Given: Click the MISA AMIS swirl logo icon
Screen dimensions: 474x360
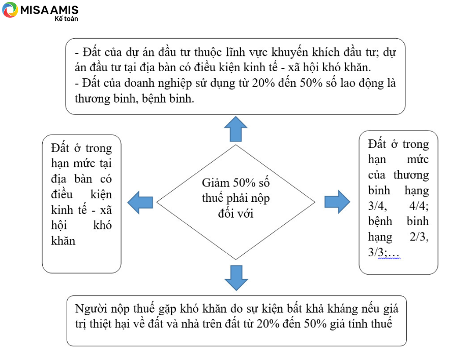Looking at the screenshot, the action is click(10, 10).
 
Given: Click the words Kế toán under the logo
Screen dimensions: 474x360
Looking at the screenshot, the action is click(66, 19).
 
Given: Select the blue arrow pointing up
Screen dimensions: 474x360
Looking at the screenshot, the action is click(236, 129).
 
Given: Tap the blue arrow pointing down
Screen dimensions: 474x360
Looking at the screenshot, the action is click(236, 278).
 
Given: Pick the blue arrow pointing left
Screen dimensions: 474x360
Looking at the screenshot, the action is click(140, 202).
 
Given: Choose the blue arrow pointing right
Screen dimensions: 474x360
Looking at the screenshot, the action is click(337, 202).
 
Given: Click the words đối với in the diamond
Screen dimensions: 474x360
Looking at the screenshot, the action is click(236, 214).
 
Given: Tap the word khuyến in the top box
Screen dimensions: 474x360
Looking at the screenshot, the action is click(290, 52).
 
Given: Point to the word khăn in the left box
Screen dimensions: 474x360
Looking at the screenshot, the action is click(63, 241).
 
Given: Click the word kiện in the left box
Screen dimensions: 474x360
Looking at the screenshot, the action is click(101, 194).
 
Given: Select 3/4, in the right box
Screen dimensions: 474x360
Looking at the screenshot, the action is click(377, 206).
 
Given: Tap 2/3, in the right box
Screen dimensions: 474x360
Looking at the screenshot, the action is click(419, 236).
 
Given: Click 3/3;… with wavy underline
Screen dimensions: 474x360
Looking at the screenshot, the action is click(384, 252).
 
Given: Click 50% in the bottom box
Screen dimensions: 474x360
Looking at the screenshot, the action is click(315, 324).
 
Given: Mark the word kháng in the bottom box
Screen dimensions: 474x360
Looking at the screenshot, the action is click(343, 309).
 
